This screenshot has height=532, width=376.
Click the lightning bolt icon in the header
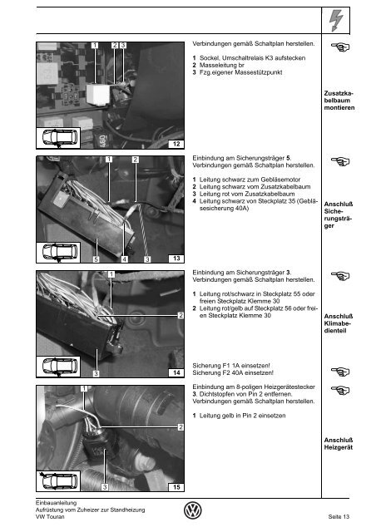pos(335,20)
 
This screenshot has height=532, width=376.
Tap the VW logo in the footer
pos(193,510)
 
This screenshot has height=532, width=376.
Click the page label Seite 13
pos(339,517)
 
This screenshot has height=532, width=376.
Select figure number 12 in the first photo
pos(176,144)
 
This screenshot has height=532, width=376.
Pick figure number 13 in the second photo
pos(176,259)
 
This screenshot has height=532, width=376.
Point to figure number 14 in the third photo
pos(176,372)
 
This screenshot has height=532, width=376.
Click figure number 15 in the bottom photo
pos(176,487)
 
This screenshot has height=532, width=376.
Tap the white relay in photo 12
pos(97,93)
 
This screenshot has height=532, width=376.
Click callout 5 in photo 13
pos(96,259)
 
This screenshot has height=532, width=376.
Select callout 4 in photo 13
pos(125,259)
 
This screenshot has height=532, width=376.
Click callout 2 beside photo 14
pos(181,315)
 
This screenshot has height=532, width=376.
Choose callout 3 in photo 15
pos(105,487)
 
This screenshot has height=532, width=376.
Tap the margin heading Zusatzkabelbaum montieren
pos(339,101)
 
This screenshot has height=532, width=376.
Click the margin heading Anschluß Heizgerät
pos(339,444)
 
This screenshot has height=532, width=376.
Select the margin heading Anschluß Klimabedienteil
pos(339,323)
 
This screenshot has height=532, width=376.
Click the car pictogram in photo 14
pos(58,367)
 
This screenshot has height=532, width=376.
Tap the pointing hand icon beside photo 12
pos(340,47)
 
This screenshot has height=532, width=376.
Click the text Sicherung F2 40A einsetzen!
pos(233,372)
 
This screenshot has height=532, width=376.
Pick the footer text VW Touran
pos(50,517)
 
